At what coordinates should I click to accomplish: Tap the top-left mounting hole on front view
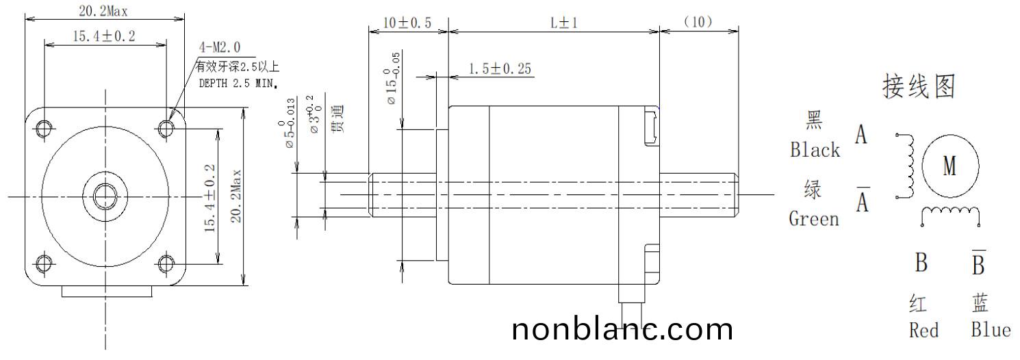[44, 128]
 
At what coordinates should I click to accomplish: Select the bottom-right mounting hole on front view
[166, 263]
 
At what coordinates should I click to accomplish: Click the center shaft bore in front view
[105, 195]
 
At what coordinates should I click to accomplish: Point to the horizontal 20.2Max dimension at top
[105, 11]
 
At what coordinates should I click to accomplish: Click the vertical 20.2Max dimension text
[235, 195]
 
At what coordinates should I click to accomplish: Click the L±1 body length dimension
[565, 23]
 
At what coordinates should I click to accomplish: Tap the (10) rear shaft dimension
[698, 22]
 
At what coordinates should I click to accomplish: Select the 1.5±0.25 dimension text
[500, 68]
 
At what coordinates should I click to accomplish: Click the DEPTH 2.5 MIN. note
[238, 83]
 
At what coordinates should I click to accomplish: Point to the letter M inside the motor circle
[949, 166]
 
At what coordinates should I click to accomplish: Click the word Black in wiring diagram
[815, 150]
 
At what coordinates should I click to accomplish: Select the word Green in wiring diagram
[813, 218]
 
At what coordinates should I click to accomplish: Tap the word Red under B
[923, 331]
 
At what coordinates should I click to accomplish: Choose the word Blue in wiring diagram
[990, 330]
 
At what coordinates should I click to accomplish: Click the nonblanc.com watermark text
[622, 330]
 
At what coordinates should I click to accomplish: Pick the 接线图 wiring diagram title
[918, 88]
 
